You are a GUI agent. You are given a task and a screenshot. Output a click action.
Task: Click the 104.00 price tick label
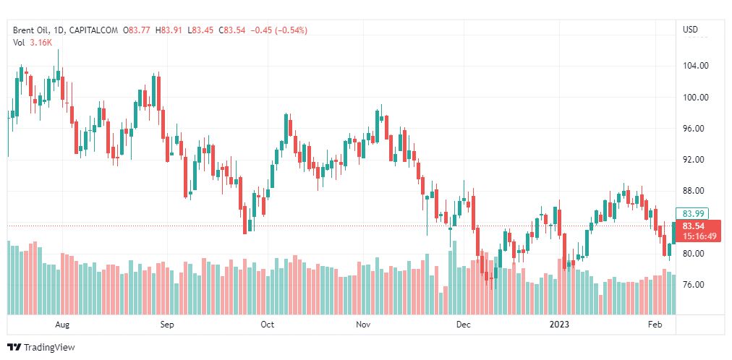[x=694, y=66]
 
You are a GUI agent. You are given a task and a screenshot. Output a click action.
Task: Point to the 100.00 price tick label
[x=694, y=98]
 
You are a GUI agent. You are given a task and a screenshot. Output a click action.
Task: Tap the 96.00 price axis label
[x=694, y=129]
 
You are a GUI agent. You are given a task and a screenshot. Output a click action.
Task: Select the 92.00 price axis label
[x=694, y=160]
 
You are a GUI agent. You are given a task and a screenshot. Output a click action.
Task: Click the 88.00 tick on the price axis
[x=694, y=191]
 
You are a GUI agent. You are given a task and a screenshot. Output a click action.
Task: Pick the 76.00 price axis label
[x=694, y=285]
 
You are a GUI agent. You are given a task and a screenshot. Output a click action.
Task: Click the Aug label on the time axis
[x=62, y=325]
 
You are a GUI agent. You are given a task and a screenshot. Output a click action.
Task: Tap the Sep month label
[x=167, y=325]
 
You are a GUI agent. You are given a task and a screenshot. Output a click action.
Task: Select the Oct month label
[x=267, y=325]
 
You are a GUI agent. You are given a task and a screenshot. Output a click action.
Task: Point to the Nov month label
[x=365, y=325]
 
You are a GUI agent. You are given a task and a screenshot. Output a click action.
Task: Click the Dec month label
[x=463, y=325]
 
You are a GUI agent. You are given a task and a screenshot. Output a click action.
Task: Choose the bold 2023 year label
[x=560, y=325]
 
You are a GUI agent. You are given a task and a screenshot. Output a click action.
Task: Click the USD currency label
[x=690, y=30]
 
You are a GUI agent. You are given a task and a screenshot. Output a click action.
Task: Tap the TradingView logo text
[x=49, y=348]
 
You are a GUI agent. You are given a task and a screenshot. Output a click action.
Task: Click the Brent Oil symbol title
[x=33, y=30]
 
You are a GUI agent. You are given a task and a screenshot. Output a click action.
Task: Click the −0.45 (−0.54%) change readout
[x=278, y=30]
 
